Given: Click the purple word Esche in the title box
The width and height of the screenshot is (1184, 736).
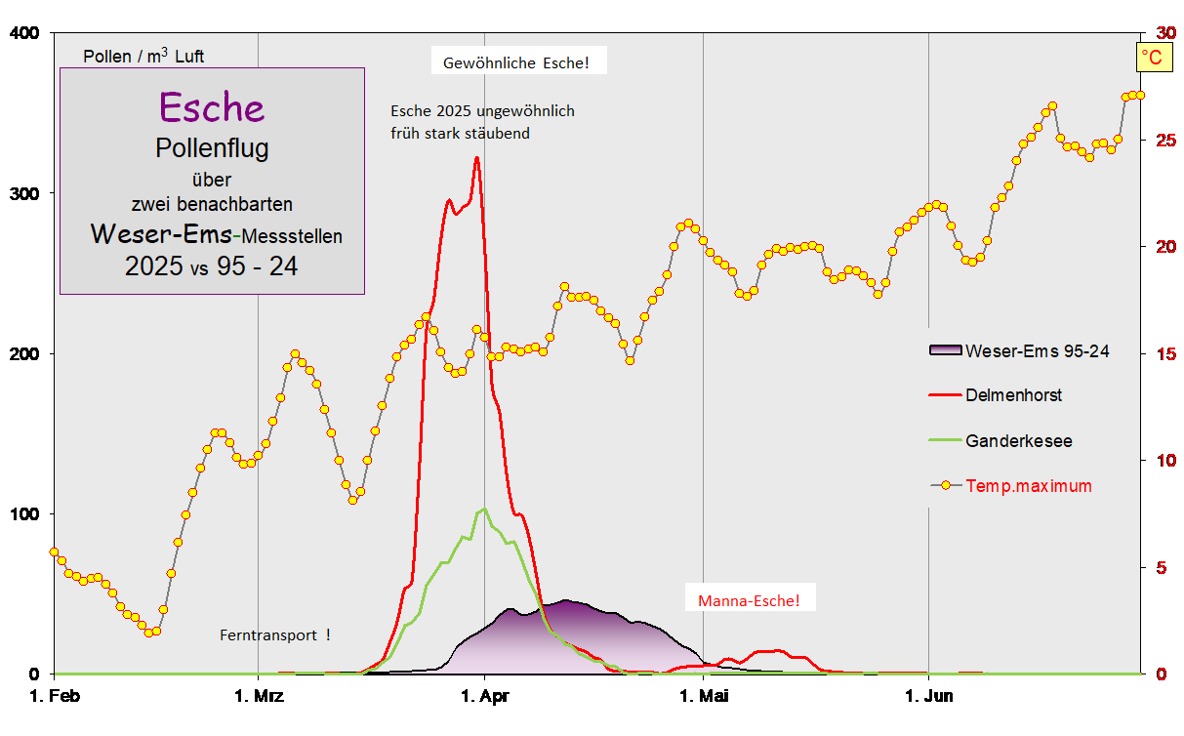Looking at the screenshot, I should coord(211,107).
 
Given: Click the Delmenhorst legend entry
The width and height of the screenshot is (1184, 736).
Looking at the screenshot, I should coord(1013,395).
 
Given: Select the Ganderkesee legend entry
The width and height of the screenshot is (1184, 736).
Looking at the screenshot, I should coord(1018,441).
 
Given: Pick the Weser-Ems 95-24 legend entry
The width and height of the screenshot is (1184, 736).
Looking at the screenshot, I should coord(1037,351).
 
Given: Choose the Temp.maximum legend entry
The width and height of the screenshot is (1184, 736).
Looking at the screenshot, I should coord(1028,485).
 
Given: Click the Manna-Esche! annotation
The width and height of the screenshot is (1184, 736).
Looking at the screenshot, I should coord(749,599).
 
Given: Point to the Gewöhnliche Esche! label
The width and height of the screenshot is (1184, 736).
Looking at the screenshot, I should coord(516,63).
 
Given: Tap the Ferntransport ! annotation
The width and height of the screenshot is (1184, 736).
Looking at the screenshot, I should coord(275,634).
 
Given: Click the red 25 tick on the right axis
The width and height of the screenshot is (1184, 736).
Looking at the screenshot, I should coord(1163,141).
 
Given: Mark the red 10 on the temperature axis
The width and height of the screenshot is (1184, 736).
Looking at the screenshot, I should coord(1163,460).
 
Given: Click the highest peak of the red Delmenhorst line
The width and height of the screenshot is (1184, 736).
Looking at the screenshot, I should coord(476,158).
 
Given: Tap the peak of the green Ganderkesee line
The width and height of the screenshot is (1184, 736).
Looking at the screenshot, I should coord(484,509).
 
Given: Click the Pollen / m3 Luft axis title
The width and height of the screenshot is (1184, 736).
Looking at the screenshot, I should coord(143,56).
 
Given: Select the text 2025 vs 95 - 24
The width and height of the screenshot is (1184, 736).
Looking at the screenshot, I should coord(211,266).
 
